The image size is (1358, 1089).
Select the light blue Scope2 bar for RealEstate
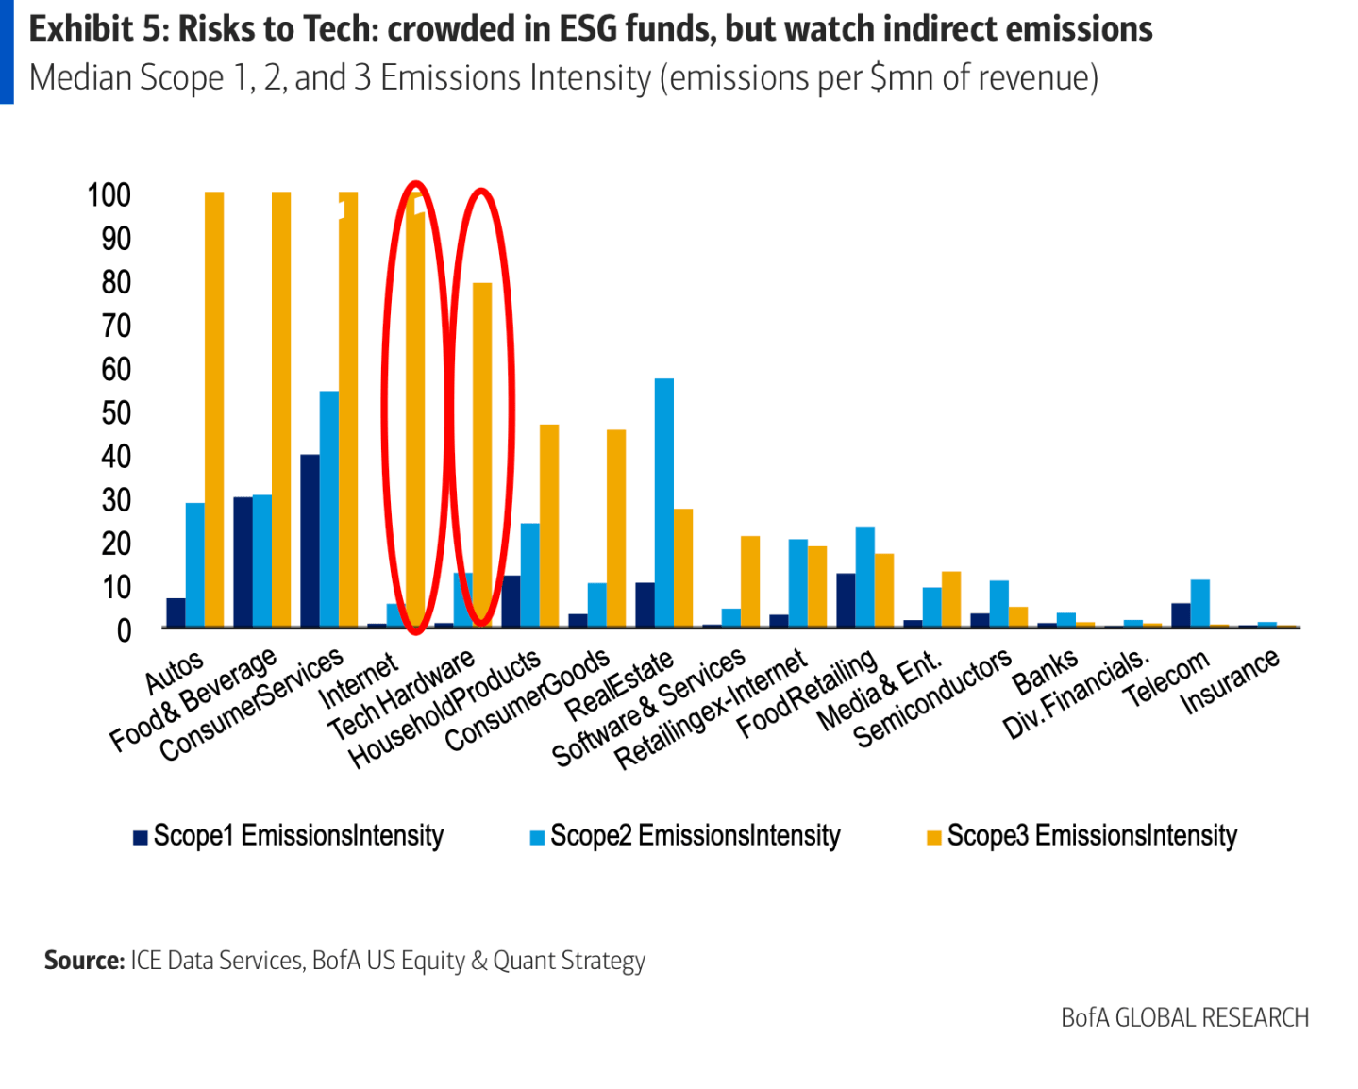coord(664,502)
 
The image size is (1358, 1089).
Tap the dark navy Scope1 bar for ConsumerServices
coord(310,541)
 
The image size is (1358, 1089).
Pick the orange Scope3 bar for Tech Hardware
coord(482,454)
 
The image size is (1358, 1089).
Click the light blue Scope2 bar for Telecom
coord(1200,604)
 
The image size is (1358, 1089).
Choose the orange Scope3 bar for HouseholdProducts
coord(549,526)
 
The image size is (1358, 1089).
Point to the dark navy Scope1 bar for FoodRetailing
coord(846,600)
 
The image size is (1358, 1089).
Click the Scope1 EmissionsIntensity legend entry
coord(289,836)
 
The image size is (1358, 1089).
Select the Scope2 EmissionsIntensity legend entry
coord(686,836)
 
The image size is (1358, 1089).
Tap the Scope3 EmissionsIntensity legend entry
coord(1082,836)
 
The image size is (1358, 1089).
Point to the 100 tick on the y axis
coord(109,195)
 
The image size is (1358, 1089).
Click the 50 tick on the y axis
coord(116,413)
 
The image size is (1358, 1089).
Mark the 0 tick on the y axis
coord(124,630)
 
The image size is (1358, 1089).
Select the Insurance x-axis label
coord(1231,681)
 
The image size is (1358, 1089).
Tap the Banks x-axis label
coord(1045,671)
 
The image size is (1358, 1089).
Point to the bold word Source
coord(84,961)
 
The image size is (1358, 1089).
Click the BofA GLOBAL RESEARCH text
coord(1184,1017)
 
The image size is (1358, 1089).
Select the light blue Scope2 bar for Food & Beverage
coord(262,561)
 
